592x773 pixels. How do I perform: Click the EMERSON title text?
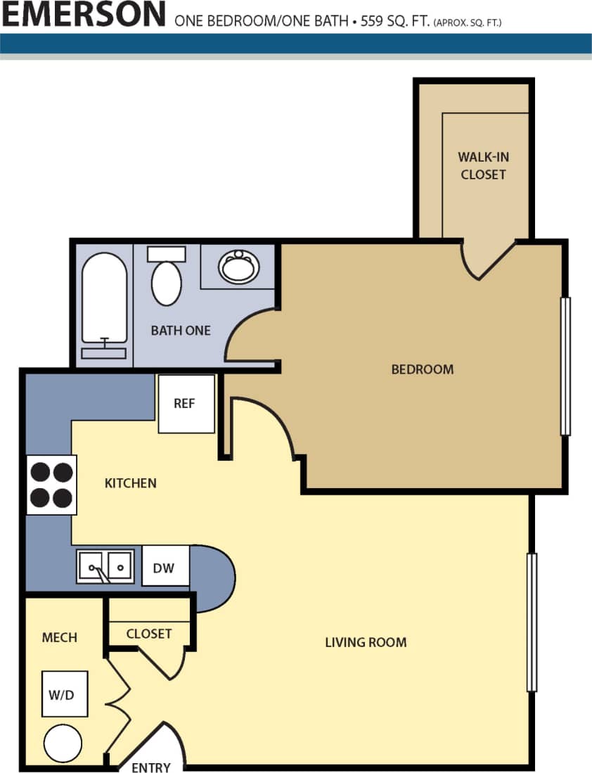point(84,14)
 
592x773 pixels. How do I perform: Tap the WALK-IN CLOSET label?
point(483,165)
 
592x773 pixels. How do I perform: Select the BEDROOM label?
point(422,369)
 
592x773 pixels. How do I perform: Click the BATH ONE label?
point(181,330)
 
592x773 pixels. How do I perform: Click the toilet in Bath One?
point(167,279)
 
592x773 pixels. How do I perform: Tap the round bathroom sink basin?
point(238,267)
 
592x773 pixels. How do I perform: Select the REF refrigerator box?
point(186,404)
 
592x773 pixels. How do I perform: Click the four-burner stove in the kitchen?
point(51,485)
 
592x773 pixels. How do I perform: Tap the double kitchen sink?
point(105,566)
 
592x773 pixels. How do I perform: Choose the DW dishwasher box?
point(165,566)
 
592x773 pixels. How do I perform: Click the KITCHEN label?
point(130,483)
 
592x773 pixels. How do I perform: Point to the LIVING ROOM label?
point(366,641)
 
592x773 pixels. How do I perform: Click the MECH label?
point(59,637)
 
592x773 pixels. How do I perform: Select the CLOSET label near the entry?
point(149,634)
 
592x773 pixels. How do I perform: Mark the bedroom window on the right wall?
point(565,366)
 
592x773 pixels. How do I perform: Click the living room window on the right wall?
point(532,622)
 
